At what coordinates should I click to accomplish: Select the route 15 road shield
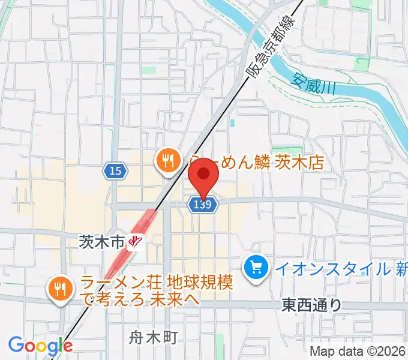tap(115, 171)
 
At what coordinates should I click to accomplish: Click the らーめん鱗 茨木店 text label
tap(258, 161)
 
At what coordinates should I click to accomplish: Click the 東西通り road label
tap(311, 305)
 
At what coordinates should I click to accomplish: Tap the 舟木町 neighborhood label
tap(153, 338)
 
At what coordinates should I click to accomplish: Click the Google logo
tap(40, 345)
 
